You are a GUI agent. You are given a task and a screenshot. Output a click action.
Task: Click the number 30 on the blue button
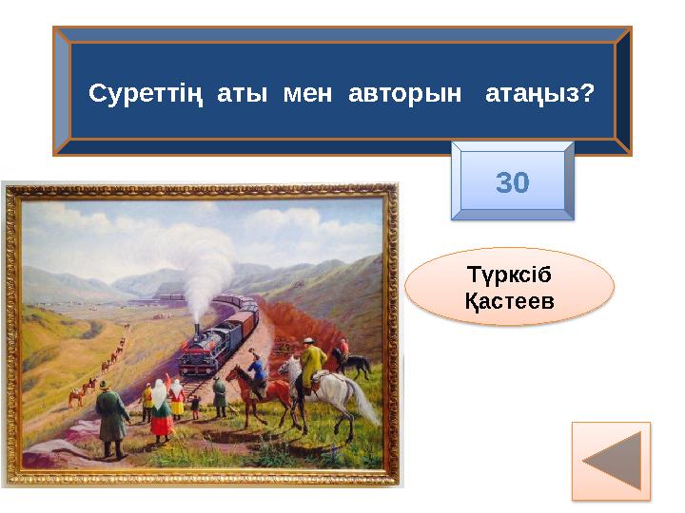click(x=513, y=181)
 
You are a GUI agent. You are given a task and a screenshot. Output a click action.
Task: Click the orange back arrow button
click(x=611, y=461)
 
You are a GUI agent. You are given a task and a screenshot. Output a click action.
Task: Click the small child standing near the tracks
click(x=194, y=408)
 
